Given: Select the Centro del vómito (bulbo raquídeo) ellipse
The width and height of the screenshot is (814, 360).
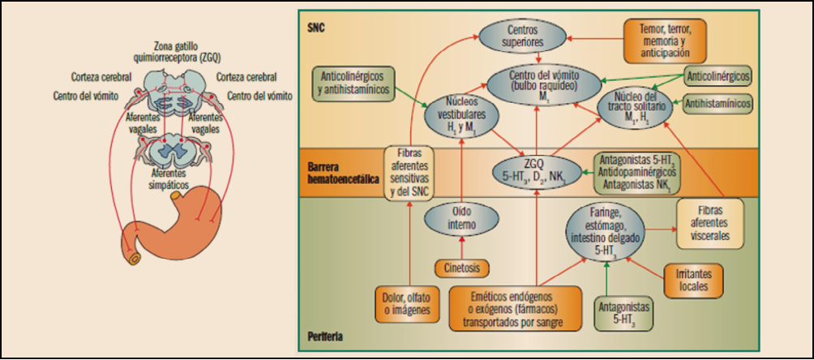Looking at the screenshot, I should pyautogui.click(x=542, y=82).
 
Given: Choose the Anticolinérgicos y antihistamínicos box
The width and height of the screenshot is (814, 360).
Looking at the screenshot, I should pyautogui.click(x=353, y=84).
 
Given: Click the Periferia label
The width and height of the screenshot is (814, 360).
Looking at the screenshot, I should pyautogui.click(x=324, y=335).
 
